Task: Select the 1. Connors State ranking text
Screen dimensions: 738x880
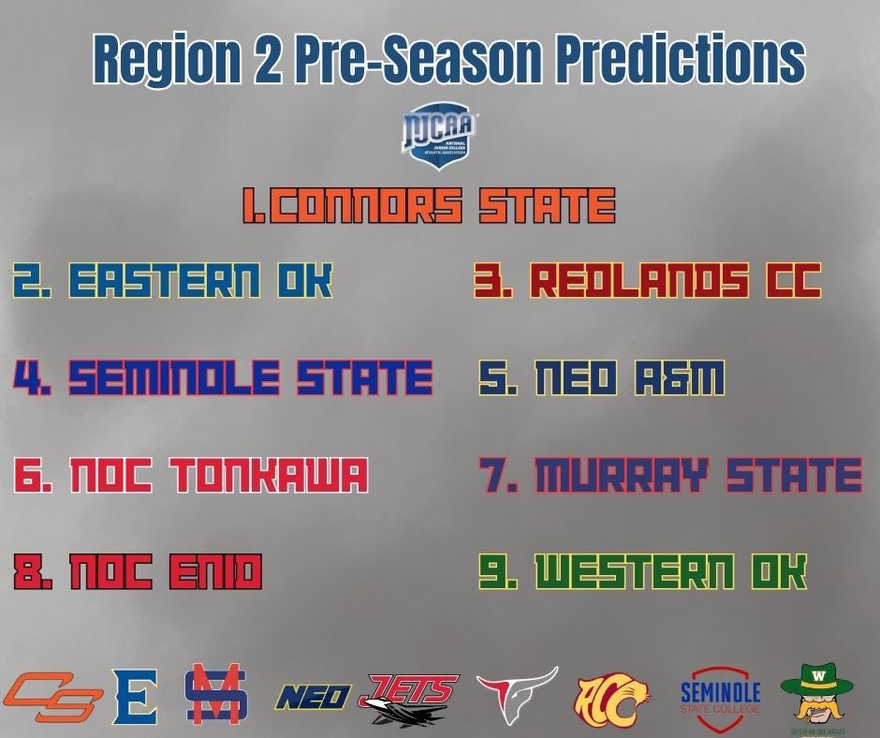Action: coord(429,206)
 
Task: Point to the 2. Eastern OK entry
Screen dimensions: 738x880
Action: coord(172,280)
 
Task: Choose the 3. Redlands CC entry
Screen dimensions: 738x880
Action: coord(647,280)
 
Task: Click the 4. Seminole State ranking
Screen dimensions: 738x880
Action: coord(223,377)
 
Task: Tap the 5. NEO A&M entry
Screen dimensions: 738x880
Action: coord(602,378)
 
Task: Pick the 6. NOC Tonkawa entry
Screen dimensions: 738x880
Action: coord(190,476)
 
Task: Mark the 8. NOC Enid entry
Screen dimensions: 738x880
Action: coord(138,572)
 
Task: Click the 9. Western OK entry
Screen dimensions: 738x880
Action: coord(642,572)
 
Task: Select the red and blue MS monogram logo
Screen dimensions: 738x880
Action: coord(214,694)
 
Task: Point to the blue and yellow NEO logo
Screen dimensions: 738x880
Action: coord(313,697)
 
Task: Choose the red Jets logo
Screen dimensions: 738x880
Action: coord(412,699)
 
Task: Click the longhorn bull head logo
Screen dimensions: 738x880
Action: coord(517,694)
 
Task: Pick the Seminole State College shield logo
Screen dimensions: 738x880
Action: coord(719,696)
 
